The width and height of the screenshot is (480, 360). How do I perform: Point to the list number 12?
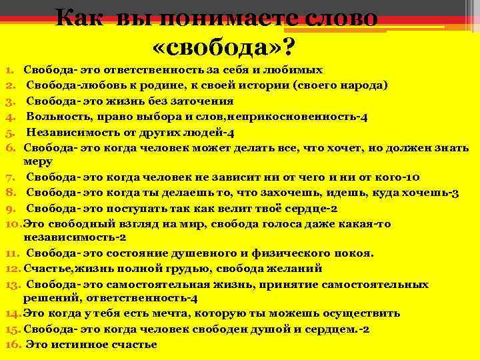click(13, 269)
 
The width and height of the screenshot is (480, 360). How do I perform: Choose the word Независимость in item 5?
click(70, 131)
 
